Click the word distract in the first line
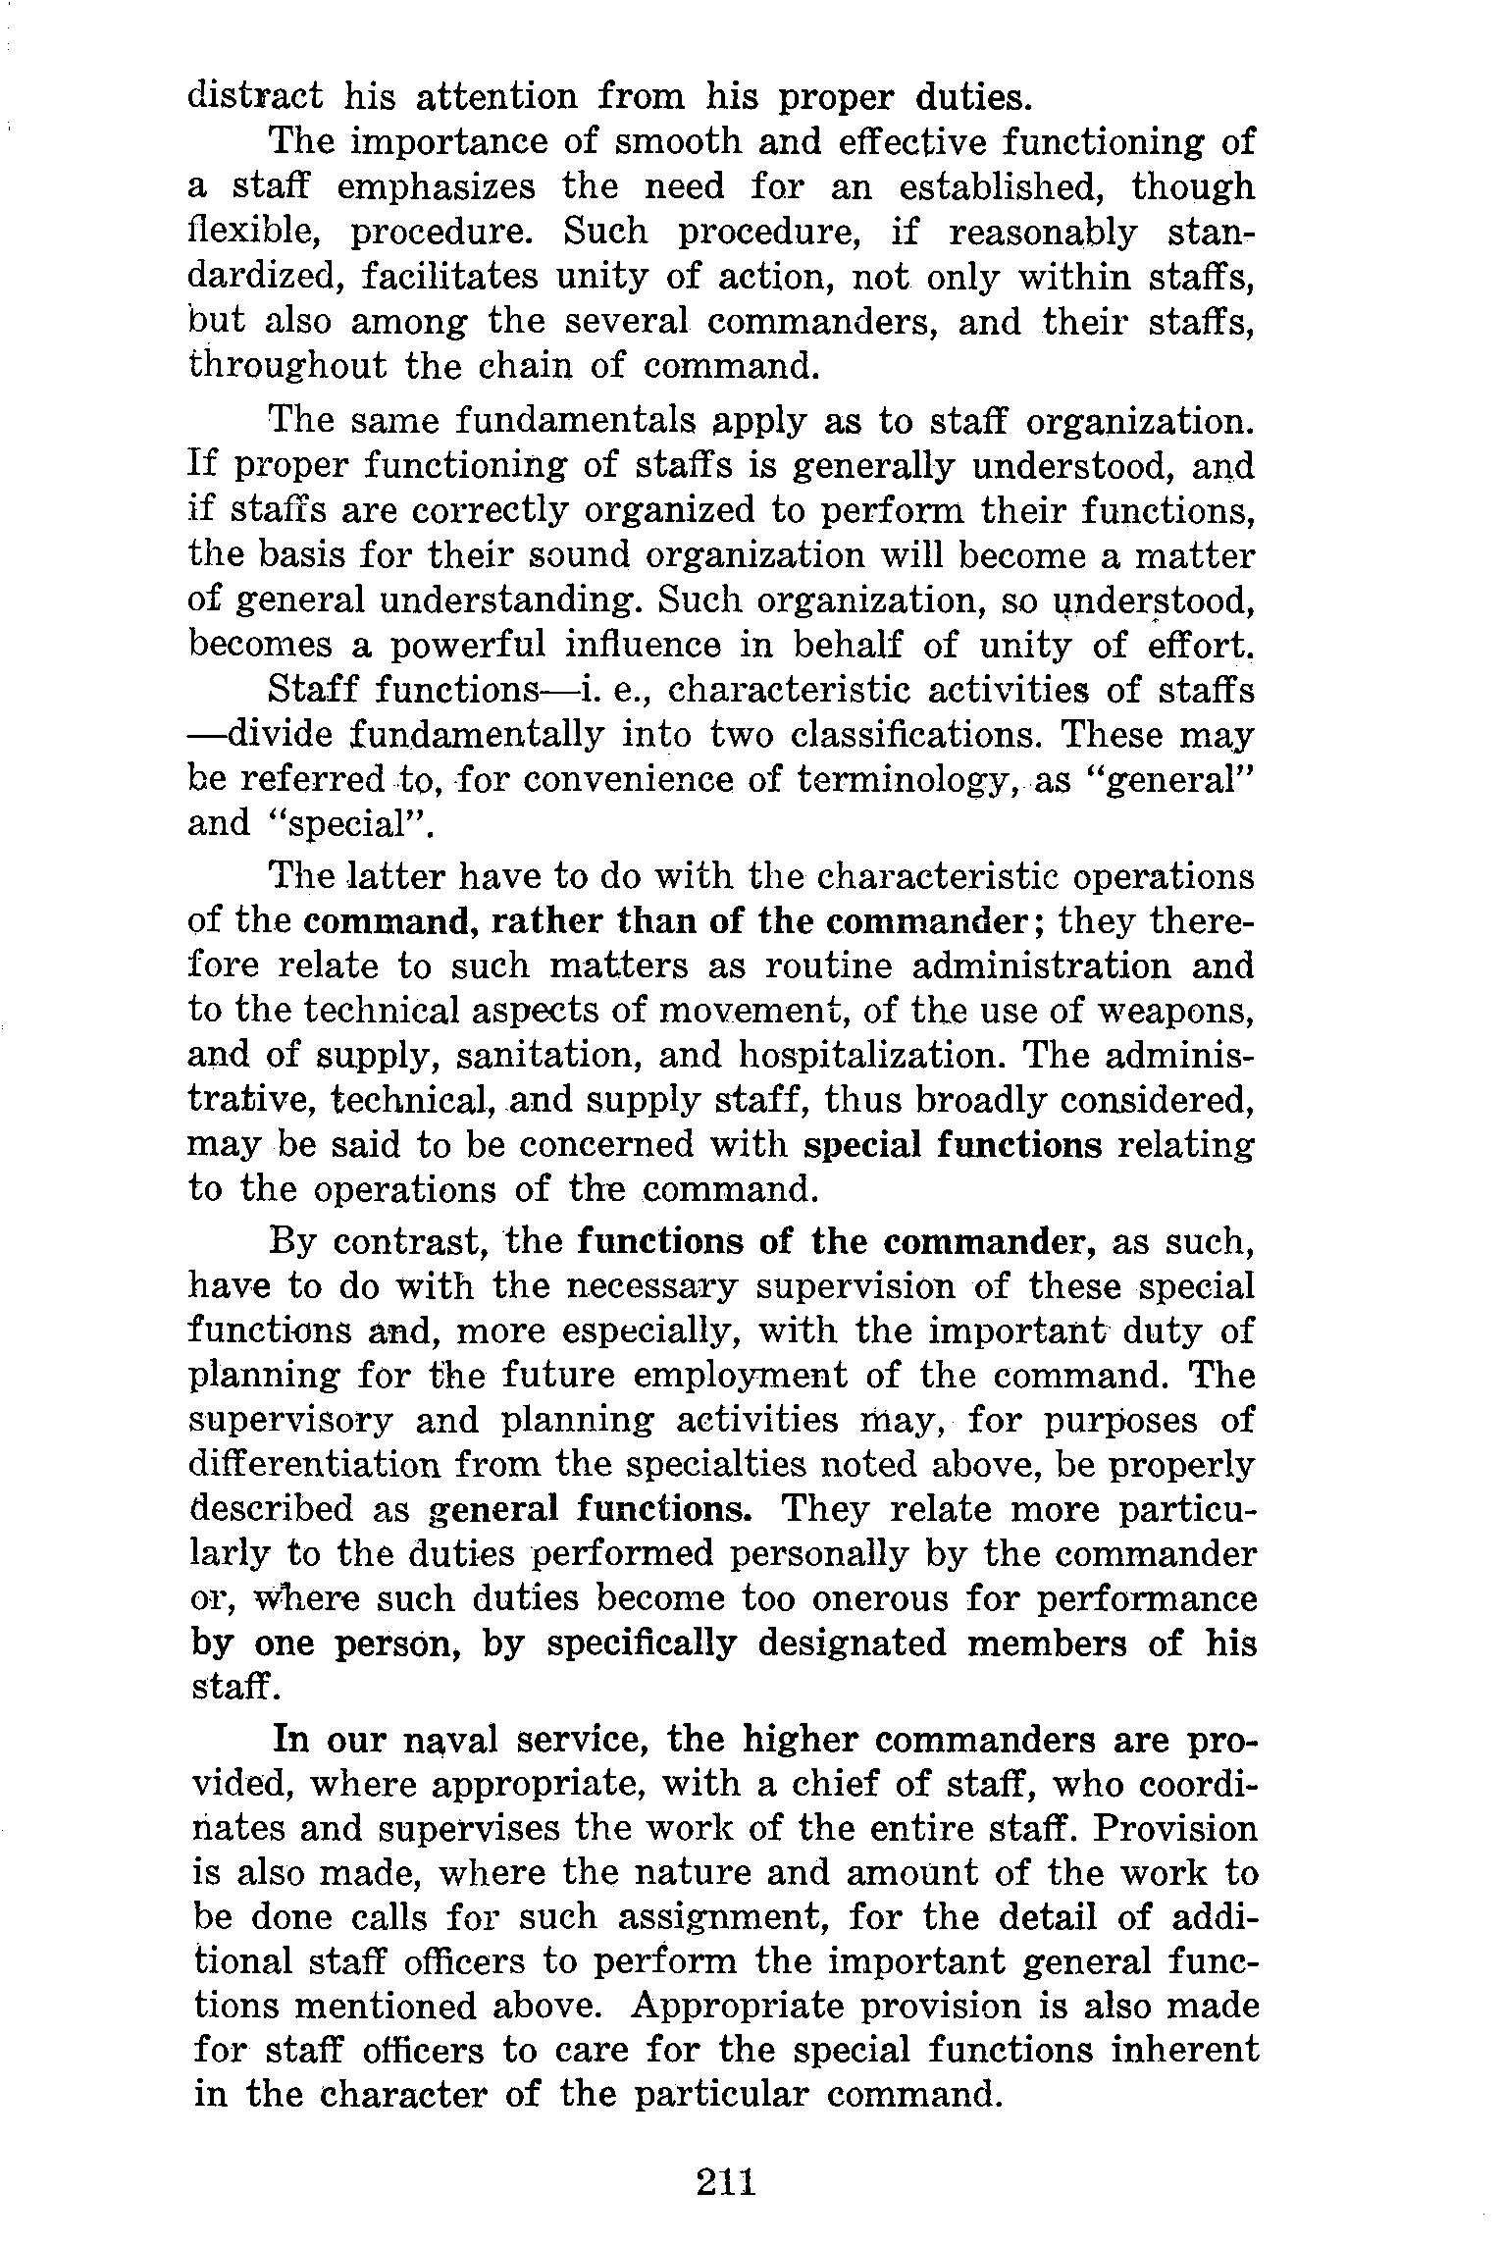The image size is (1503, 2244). coord(255,97)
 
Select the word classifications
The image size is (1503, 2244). coord(916,736)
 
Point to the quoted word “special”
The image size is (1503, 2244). coord(351,824)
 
